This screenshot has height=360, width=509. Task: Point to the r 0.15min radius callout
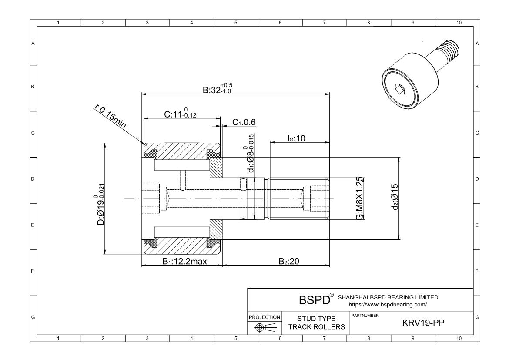coord(111,116)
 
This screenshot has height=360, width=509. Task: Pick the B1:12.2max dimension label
coord(184,261)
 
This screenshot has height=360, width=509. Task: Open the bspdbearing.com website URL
coord(385,305)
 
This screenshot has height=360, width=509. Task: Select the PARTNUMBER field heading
coord(365,315)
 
